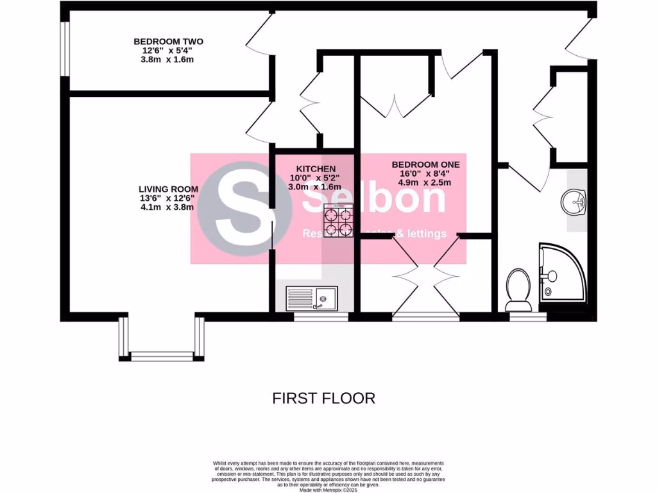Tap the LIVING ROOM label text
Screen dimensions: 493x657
168,189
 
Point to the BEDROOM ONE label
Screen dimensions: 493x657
426,164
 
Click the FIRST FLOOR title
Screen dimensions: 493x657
323,398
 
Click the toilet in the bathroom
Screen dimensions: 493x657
518,288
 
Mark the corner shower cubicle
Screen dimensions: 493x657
563,274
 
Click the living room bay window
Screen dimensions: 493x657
161,354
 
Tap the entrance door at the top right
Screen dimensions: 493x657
579,40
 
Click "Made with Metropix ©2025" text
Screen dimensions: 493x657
328,490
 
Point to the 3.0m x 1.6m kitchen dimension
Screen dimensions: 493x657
314,186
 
